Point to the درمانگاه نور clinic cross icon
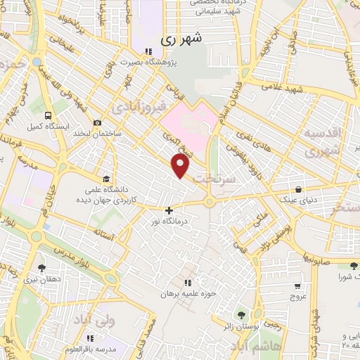(x=168, y=210)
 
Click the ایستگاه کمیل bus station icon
(x=47, y=115)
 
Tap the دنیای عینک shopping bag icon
(x=300, y=189)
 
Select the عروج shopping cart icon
(x=297, y=286)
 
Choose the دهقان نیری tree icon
(x=41, y=268)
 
